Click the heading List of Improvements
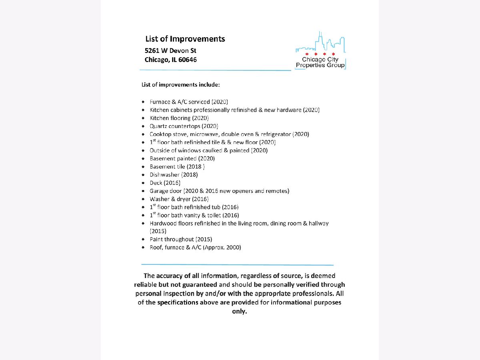[x=185, y=39]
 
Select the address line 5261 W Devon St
[x=170, y=50]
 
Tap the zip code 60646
[x=188, y=60]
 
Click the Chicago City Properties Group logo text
[x=320, y=62]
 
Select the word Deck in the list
[x=156, y=183]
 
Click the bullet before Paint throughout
[x=144, y=240]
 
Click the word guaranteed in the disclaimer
[x=200, y=284]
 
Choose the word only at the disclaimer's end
[x=240, y=311]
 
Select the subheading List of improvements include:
[x=181, y=85]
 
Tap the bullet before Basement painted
[x=144, y=159]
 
